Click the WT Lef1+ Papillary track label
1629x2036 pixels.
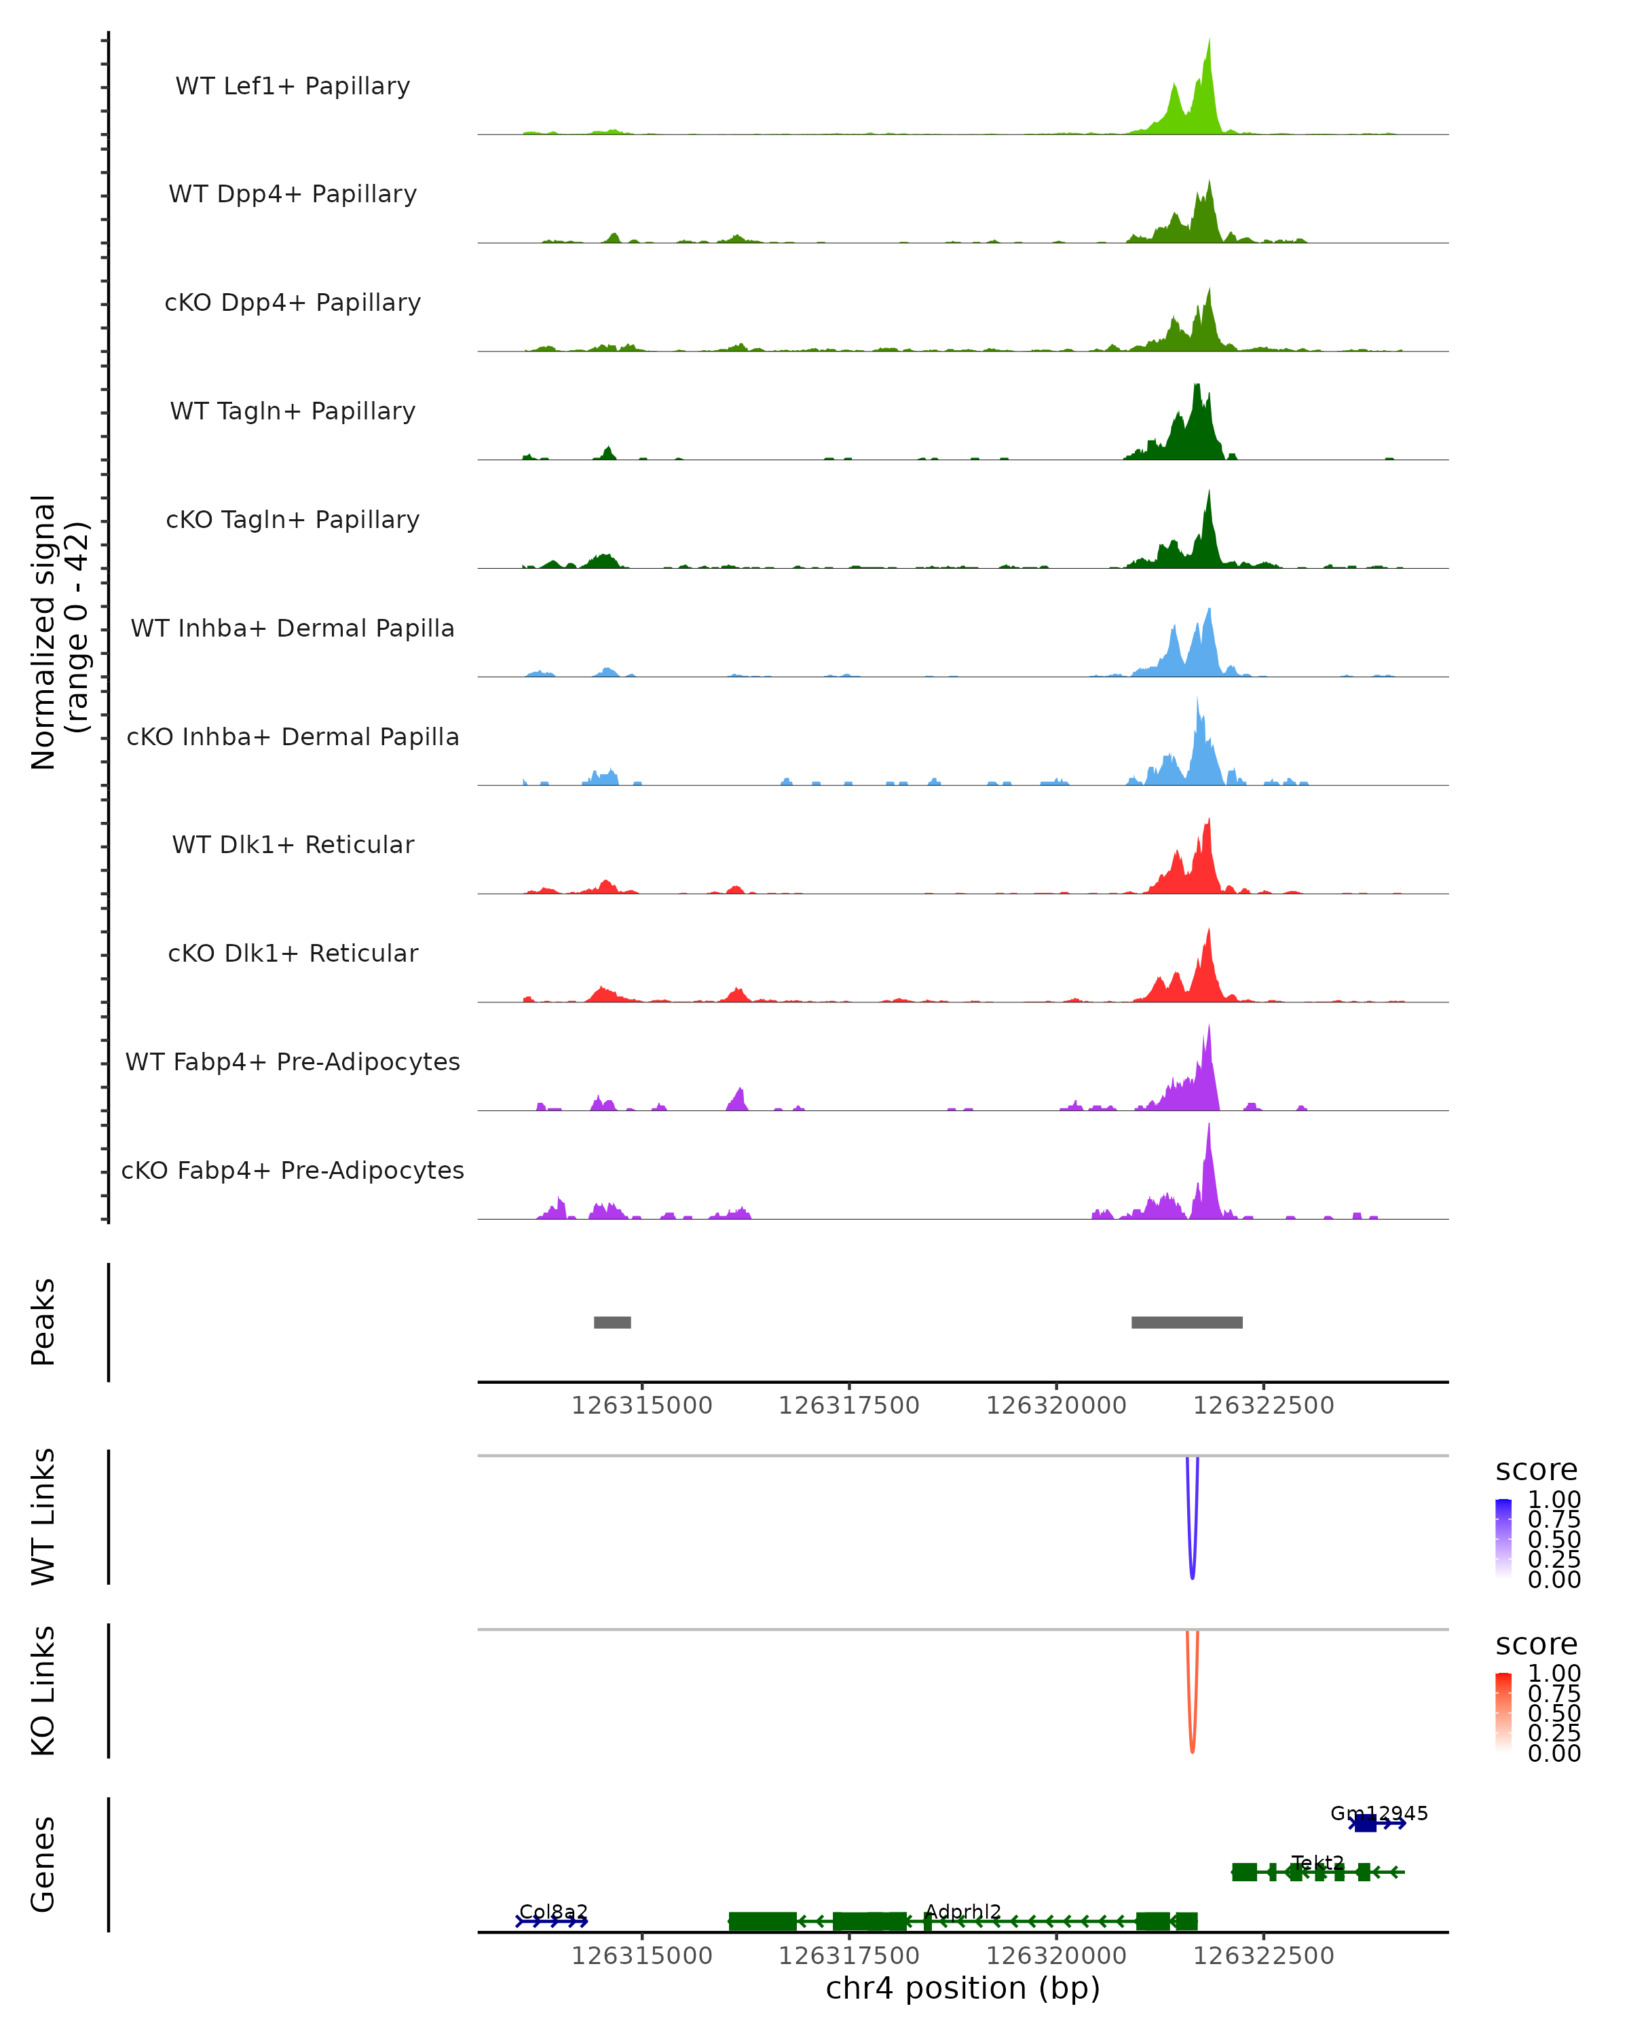tap(293, 86)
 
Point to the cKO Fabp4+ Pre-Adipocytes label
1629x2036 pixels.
tap(293, 1170)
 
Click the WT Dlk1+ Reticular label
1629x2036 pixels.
tap(293, 844)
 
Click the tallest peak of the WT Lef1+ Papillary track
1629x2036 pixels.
tap(1209, 43)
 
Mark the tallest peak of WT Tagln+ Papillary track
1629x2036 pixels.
tap(1197, 388)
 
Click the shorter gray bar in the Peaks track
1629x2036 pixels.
tap(612, 1322)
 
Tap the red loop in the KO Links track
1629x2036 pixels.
tap(1192, 1749)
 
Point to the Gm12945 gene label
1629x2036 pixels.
tap(1379, 1813)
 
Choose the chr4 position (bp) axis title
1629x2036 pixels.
tap(962, 1988)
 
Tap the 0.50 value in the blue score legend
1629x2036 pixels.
tap(1554, 1539)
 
